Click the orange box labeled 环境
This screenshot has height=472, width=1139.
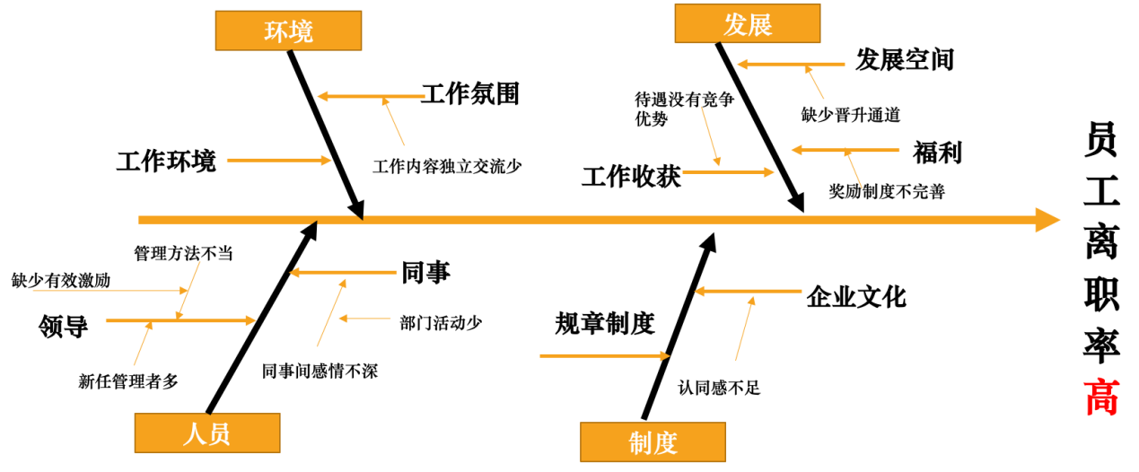click(288, 31)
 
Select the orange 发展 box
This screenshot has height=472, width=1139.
click(747, 23)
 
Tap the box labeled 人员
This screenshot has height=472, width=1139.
click(206, 433)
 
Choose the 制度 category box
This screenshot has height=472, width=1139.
click(653, 442)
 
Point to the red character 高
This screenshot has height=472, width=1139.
click(1101, 398)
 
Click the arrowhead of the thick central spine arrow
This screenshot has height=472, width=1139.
click(1047, 220)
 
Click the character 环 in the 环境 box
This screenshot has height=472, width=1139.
click(276, 31)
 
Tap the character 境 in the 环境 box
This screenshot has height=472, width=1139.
click(302, 31)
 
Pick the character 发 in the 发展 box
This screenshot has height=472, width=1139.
click(735, 24)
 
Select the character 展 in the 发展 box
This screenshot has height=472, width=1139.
click(760, 24)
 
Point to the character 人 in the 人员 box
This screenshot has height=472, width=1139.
click(195, 434)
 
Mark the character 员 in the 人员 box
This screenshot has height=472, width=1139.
click(219, 434)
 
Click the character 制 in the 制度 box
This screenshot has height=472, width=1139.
click(641, 443)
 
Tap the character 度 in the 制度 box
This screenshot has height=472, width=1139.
click(665, 443)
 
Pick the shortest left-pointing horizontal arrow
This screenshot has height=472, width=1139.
click(364, 318)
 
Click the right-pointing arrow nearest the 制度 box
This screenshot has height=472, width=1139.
click(604, 356)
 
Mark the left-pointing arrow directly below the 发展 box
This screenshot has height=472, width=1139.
click(790, 65)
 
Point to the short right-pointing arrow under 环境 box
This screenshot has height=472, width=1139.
click(278, 161)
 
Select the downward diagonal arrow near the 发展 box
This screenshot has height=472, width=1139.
click(710, 136)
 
